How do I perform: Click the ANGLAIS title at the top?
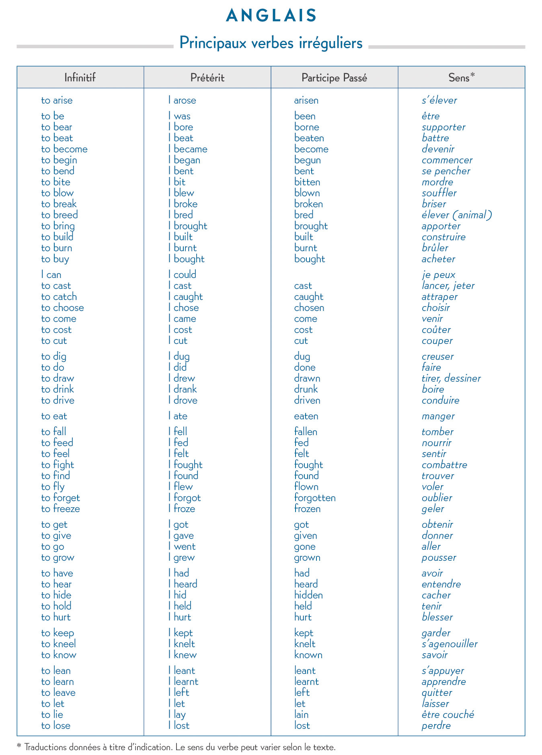(x=271, y=16)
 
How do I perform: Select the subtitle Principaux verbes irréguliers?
(x=271, y=43)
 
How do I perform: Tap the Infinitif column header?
(x=80, y=77)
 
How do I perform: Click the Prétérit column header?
(x=207, y=77)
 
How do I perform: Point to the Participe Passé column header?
(x=334, y=78)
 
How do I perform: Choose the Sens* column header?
(x=461, y=77)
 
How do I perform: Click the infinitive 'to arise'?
(x=57, y=101)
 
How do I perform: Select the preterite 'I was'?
(x=179, y=116)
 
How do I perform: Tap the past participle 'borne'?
(x=306, y=127)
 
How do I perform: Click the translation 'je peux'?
(x=438, y=275)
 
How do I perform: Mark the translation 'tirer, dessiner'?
(x=451, y=379)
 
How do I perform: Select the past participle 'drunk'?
(x=306, y=389)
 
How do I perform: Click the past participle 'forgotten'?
(x=314, y=498)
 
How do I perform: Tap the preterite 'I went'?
(x=182, y=547)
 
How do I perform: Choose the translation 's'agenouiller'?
(x=449, y=644)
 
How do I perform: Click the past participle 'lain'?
(x=301, y=715)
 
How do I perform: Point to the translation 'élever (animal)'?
(x=456, y=215)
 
